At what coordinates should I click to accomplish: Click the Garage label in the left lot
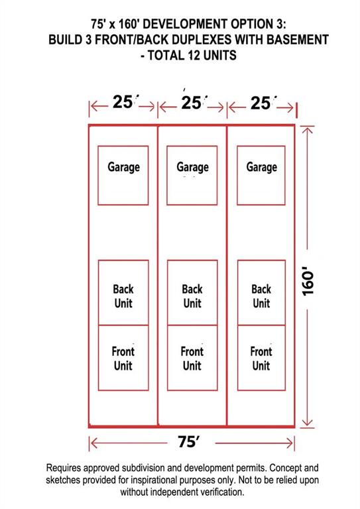pos(124,167)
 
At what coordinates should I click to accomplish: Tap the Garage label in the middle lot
pos(192,167)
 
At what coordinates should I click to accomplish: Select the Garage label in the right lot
pos(262,167)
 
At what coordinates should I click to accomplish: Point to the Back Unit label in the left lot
pos(123,296)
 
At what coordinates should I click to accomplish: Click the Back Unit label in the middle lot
pos(192,296)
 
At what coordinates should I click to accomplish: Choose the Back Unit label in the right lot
pos(261,296)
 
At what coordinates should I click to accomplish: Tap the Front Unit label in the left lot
pos(123,359)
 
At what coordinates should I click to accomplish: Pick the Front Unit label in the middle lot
pos(192,359)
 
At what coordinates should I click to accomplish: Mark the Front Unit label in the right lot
pos(261,359)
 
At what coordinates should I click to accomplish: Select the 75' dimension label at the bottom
pos(188,441)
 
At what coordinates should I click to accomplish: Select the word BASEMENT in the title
pos(298,40)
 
